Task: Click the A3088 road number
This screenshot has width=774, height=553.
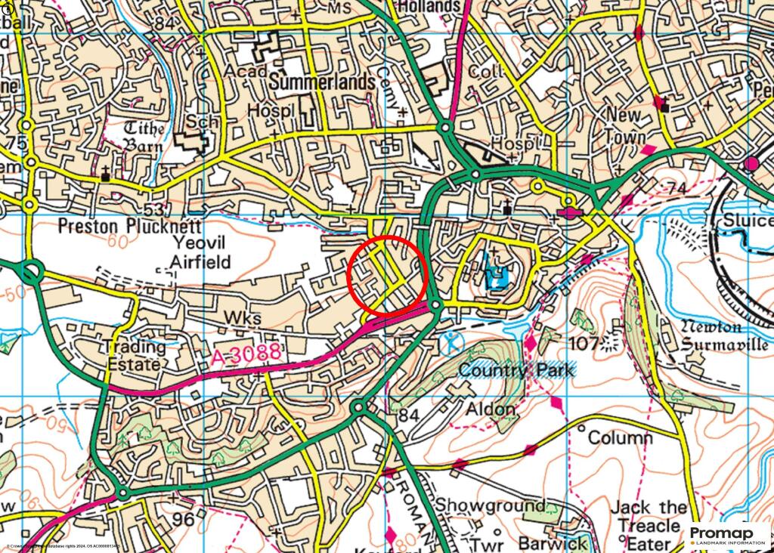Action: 245,352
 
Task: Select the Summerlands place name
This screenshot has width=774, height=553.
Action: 322,81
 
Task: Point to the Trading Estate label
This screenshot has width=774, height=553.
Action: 134,355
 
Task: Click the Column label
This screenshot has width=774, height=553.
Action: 620,437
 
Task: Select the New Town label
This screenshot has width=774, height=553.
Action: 624,126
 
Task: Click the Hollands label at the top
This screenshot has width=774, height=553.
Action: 428,6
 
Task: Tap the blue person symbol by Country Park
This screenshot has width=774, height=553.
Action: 451,342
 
